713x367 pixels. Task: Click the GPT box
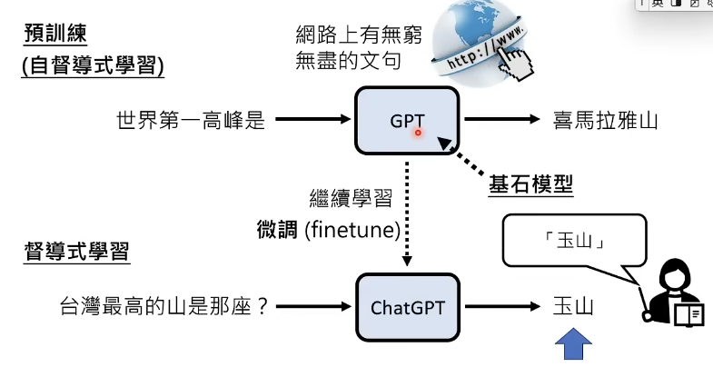[x=407, y=119]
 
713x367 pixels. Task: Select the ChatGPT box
[x=408, y=306]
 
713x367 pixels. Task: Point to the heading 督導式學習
[x=76, y=251]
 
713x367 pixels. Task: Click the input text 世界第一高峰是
[x=191, y=120]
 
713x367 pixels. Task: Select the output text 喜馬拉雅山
[x=604, y=120]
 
